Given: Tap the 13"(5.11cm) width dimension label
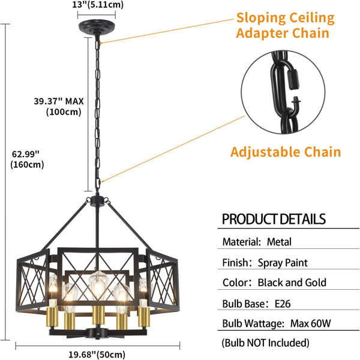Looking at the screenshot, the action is (x=98, y=4).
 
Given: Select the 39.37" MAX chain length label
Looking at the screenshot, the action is (x=59, y=101).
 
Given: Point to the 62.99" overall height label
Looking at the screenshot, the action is (x=26, y=154).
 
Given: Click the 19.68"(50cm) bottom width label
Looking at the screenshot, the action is (x=97, y=355).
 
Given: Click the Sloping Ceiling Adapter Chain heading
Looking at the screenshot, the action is (x=285, y=25).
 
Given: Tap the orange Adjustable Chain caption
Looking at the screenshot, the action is (x=286, y=152).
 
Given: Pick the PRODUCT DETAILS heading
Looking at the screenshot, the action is (x=274, y=219).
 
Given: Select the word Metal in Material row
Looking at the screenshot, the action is (x=279, y=242).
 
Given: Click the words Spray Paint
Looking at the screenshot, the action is (x=283, y=263).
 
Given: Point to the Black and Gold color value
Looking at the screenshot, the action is (x=292, y=283).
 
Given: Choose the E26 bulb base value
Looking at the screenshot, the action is (x=283, y=304).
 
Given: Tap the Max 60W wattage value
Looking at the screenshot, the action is (x=311, y=323).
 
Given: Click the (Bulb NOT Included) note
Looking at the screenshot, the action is (x=265, y=343).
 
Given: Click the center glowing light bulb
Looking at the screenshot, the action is (x=98, y=286).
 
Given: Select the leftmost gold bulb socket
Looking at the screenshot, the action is (x=52, y=317).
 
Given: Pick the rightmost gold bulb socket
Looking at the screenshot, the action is (x=144, y=317).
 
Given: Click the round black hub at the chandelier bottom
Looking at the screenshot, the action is (x=98, y=334).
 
